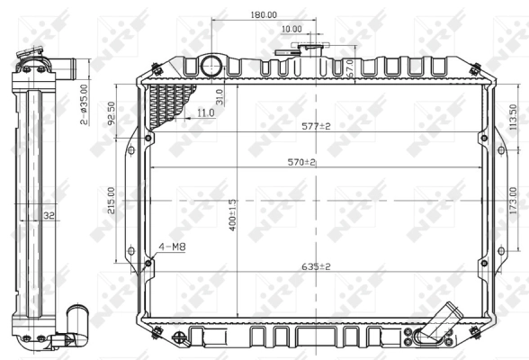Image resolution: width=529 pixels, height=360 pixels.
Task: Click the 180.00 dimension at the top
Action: pos(264,15)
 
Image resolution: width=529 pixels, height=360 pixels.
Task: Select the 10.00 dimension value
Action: pos(291,29)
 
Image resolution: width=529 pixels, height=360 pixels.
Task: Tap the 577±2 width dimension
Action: pos(316,126)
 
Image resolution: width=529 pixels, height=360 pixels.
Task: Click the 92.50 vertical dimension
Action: pos(111,111)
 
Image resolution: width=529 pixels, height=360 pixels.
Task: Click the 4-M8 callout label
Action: pos(173,246)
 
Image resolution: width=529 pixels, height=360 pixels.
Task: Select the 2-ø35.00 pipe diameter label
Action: pos(83,103)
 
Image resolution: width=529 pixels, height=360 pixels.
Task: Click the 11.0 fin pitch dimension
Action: pos(205,112)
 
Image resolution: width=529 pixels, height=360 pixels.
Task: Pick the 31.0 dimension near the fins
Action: pos(221,95)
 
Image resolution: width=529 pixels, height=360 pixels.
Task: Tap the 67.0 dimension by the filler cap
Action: pos(350,68)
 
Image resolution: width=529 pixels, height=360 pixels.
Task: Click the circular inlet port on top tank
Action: pos(211,65)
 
